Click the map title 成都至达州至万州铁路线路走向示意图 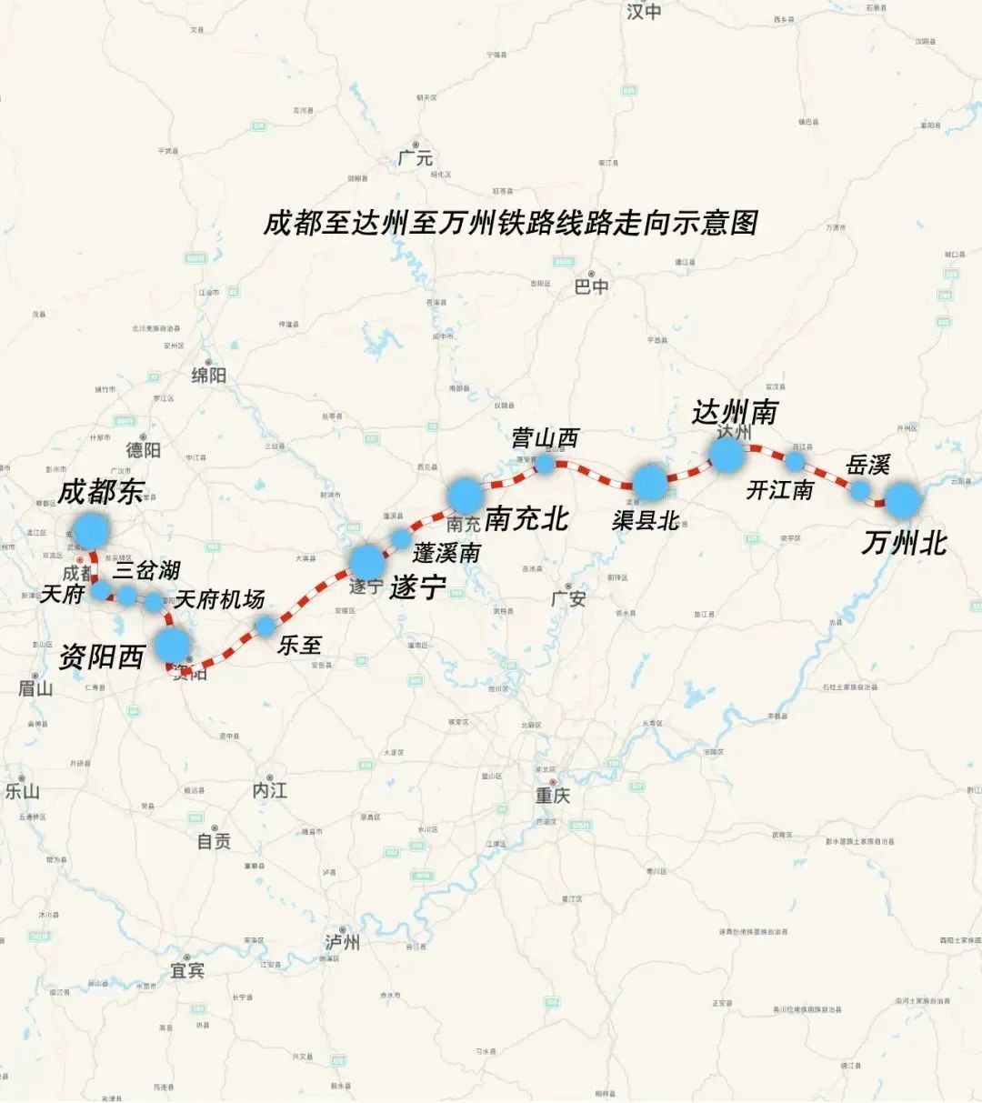tap(510, 223)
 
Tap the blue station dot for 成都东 tap(91, 530)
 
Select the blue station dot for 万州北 tap(903, 500)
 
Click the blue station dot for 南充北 tap(465, 495)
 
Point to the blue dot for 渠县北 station tap(650, 482)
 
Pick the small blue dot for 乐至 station tap(265, 626)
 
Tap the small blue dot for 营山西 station tap(544, 465)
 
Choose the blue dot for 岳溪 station tap(859, 490)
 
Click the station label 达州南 tap(735, 412)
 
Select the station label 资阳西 tap(102, 657)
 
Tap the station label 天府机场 tap(219, 599)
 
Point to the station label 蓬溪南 tap(446, 552)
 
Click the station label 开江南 tap(779, 490)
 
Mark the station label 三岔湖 tap(145, 570)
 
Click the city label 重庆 tap(552, 796)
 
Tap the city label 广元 tap(416, 158)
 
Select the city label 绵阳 tap(208, 375)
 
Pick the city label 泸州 tap(343, 942)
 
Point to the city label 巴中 tap(591, 286)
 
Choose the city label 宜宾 tap(187, 971)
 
